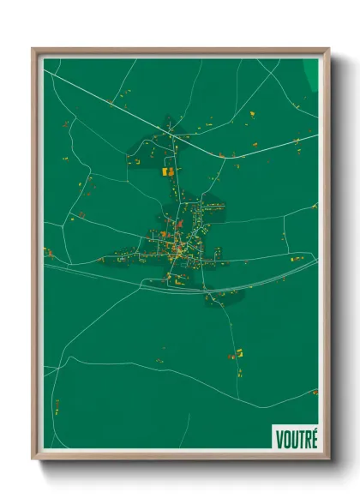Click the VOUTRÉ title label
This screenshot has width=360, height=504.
point(297,438)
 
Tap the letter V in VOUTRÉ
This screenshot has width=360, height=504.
point(279,439)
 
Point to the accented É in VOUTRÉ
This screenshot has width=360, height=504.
point(315,438)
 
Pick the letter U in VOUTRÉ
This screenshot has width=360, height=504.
point(293,439)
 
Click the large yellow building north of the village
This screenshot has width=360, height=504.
point(168,171)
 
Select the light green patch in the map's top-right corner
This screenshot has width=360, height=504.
point(311,72)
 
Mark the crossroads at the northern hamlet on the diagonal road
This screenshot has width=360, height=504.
point(171,133)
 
